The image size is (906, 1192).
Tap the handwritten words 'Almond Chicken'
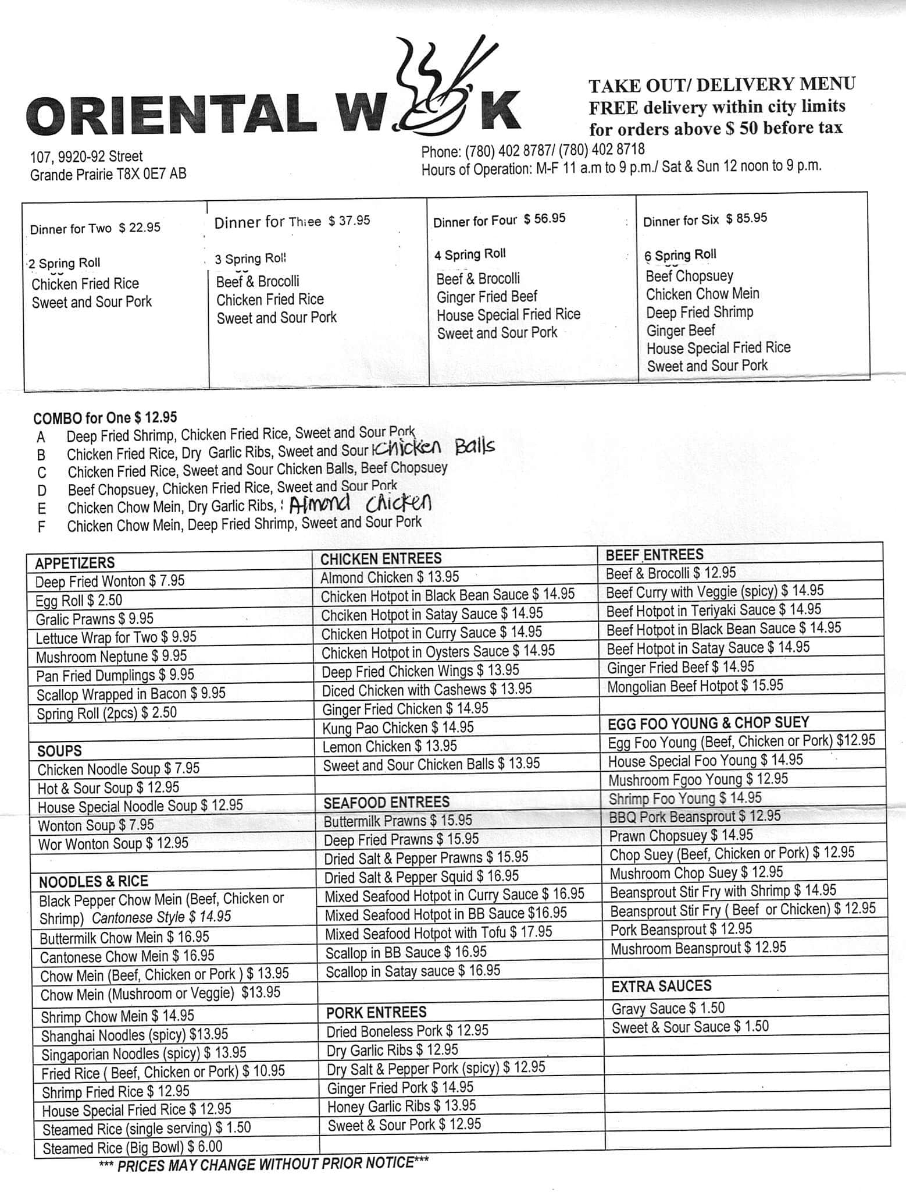[x=361, y=503]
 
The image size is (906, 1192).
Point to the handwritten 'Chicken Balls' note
[x=436, y=448]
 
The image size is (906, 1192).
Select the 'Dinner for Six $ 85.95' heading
[x=705, y=219]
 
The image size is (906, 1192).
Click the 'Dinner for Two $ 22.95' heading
[x=95, y=228]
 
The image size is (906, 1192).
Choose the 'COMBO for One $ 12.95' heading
[x=105, y=417]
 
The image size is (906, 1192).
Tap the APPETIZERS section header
[x=75, y=563]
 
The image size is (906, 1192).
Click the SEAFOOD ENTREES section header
[x=386, y=803]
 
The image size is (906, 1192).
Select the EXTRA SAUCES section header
[x=661, y=986]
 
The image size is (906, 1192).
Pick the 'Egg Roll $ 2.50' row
[x=79, y=600]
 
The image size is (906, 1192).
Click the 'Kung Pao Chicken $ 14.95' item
[x=398, y=728]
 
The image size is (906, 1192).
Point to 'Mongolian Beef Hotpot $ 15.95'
[x=695, y=686]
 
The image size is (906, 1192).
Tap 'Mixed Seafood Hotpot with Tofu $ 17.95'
[x=438, y=932]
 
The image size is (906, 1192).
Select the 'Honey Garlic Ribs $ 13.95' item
[x=401, y=1106]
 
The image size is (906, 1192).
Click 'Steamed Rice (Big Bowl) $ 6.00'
[x=133, y=1147]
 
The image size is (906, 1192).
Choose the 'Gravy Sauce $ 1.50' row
[x=668, y=1007]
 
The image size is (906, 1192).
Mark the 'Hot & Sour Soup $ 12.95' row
[x=108, y=787]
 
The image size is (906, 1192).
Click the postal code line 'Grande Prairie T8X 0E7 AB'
[x=108, y=174]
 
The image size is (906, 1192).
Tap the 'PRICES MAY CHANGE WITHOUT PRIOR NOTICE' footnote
[x=264, y=1164]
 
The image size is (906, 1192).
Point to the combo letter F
[x=41, y=527]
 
